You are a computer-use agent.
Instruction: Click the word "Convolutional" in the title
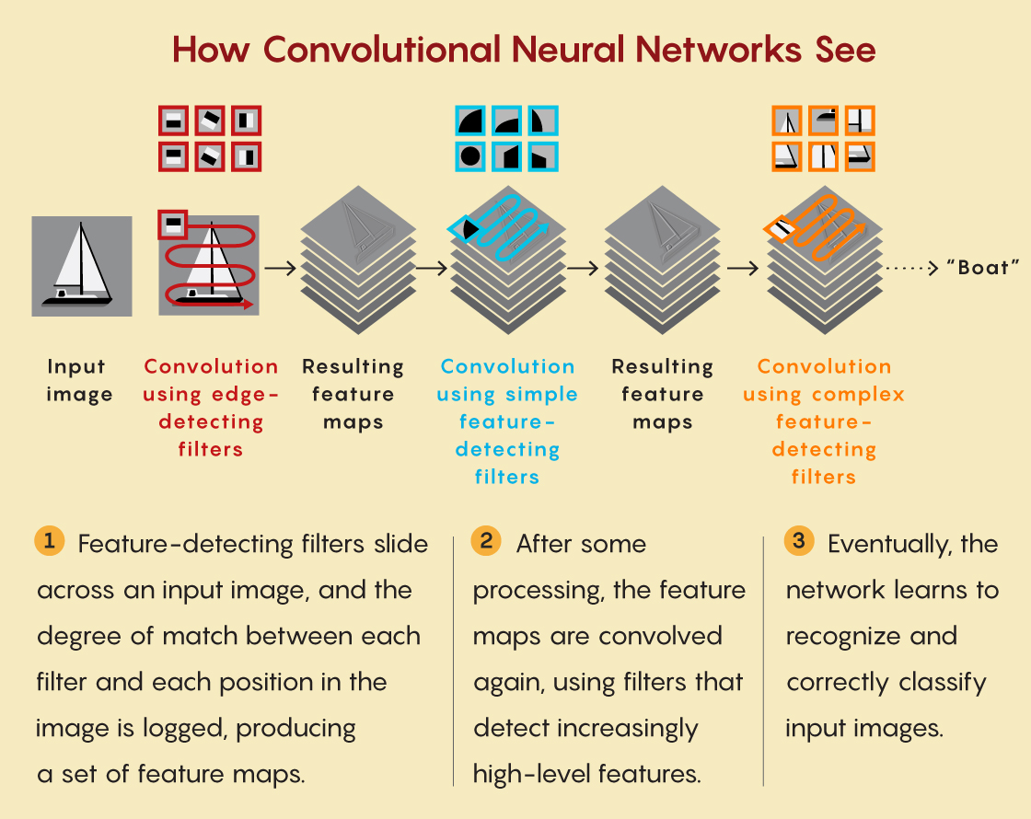(x=375, y=50)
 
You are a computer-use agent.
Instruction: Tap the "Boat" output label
(x=982, y=269)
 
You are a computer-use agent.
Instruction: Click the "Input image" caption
(x=76, y=381)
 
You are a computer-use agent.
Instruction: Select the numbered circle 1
(x=49, y=541)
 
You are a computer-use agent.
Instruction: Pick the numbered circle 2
(x=486, y=541)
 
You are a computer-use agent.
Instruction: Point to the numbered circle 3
(x=799, y=541)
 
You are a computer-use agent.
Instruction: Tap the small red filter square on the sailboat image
(x=172, y=222)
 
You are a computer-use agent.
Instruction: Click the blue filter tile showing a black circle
(x=471, y=156)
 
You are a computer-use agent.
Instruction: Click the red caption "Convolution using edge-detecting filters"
(x=211, y=408)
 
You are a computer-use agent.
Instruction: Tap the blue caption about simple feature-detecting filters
(x=507, y=421)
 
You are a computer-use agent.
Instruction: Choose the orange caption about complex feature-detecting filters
(x=824, y=421)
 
